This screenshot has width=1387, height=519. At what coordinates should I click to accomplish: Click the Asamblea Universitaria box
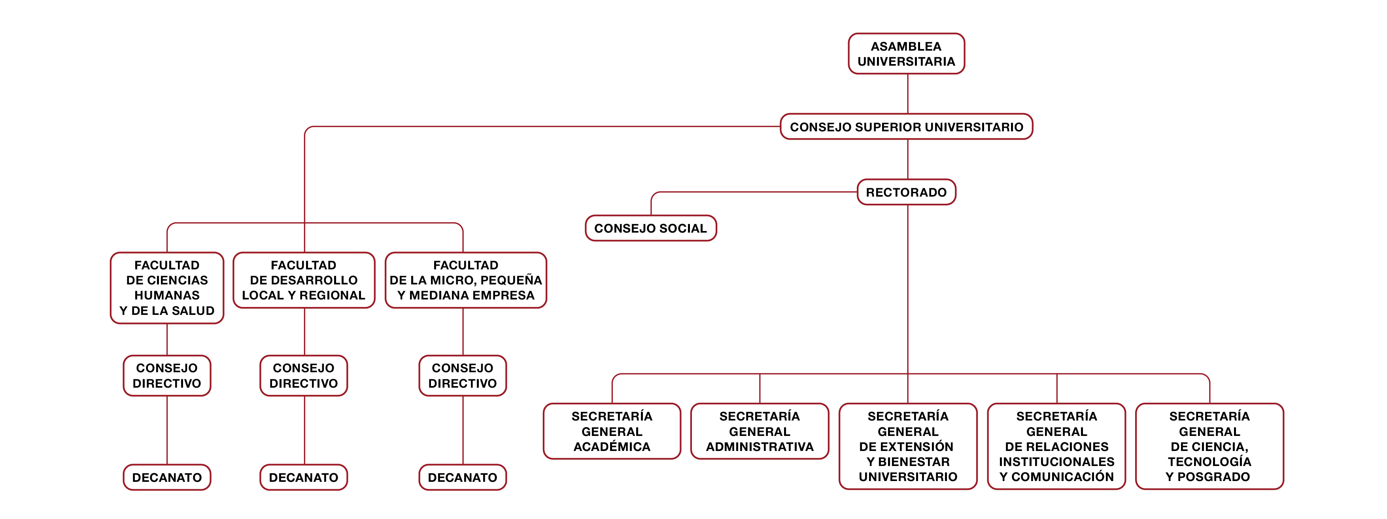906,54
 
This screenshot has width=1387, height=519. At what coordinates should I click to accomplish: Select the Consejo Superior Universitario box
906,127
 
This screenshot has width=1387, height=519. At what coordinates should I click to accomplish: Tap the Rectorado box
906,192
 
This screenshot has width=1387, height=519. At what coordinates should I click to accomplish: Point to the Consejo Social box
650,228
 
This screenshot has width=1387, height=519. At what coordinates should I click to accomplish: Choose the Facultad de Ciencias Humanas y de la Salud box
167,288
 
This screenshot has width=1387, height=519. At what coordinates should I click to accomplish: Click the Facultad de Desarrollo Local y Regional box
304,280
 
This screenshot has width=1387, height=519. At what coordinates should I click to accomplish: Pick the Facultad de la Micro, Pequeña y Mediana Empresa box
466,280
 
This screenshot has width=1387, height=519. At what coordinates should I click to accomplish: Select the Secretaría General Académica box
612,431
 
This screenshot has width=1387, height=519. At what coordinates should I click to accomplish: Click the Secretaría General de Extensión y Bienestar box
908,446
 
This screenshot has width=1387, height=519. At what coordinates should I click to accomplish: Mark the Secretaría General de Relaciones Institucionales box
1056,446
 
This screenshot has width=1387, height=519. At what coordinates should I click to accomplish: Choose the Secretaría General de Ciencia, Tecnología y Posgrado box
1209,446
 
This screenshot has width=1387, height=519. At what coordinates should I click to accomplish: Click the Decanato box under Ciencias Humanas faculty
167,477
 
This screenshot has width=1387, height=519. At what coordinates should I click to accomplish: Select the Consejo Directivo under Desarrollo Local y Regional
304,376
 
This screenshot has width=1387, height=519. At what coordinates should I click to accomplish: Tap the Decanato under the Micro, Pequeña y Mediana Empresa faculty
463,477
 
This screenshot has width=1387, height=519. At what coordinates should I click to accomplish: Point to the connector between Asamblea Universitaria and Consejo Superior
908,94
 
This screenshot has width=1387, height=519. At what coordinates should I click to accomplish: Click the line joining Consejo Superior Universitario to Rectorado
908,159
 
